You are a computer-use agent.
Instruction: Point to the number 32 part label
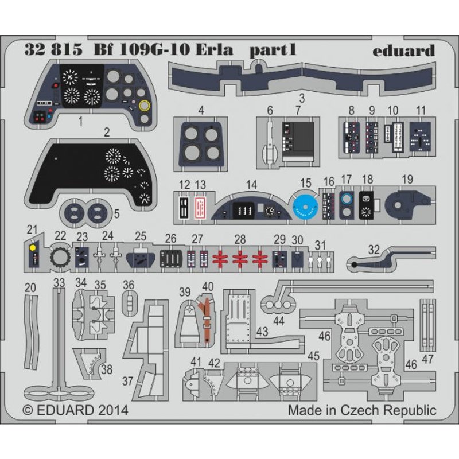(x=374, y=249)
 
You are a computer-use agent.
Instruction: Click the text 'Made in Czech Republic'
(x=361, y=410)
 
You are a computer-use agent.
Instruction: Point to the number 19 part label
(x=407, y=179)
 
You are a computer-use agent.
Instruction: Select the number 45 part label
(x=313, y=356)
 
